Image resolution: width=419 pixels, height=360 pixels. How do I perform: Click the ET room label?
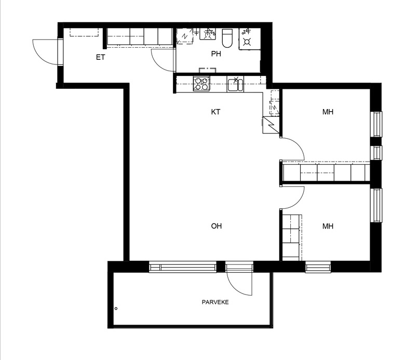101,57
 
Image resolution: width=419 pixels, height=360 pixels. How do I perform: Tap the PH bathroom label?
216,54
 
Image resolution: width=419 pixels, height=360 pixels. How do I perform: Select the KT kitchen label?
215,112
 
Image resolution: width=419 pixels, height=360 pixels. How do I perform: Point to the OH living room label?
216,226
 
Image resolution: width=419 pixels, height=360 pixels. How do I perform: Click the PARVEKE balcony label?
215,302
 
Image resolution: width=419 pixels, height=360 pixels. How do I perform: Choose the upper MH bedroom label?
328,112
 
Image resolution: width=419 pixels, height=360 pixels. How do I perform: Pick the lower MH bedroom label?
328,226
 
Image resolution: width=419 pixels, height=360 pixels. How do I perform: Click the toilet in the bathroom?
227,38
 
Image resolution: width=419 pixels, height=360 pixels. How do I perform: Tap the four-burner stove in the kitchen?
201,84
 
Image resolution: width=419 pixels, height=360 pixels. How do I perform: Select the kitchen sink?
235,84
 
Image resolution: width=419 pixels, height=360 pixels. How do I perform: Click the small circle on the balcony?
116,309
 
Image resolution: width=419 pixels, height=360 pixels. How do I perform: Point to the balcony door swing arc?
235,289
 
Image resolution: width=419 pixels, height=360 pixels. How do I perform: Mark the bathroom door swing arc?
158,64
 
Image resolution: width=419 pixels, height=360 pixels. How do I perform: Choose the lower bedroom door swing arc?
299,202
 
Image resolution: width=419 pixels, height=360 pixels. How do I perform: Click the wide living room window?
183,267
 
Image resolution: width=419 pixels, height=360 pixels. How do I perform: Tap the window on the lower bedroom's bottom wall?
318,267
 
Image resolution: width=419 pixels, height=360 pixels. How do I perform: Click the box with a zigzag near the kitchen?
271,125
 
